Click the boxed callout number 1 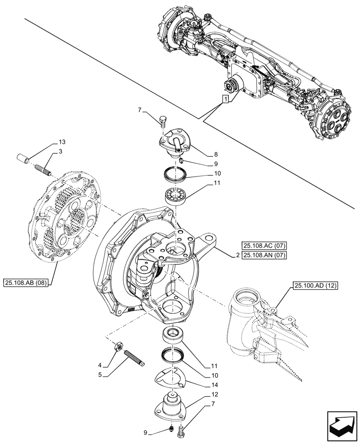pyautogui.click(x=226, y=99)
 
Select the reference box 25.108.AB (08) pyautogui.click(x=27, y=281)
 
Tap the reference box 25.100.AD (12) pyautogui.click(x=315, y=287)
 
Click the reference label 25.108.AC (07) pyautogui.click(x=265, y=245)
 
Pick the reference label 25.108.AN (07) pyautogui.click(x=265, y=255)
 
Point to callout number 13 pyautogui.click(x=62, y=143)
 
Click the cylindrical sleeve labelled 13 pyautogui.click(x=22, y=158)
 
